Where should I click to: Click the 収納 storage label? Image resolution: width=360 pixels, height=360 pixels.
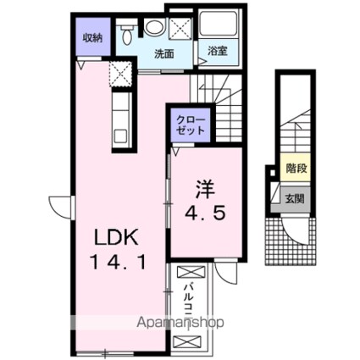pos(91,38)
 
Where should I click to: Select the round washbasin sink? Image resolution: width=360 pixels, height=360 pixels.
pos(154,28)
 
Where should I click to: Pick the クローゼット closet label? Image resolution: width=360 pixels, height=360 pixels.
pos(190,125)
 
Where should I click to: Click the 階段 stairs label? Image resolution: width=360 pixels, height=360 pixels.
pos(296,169)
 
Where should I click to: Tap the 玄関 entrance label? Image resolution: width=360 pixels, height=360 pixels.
pos(294,200)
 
